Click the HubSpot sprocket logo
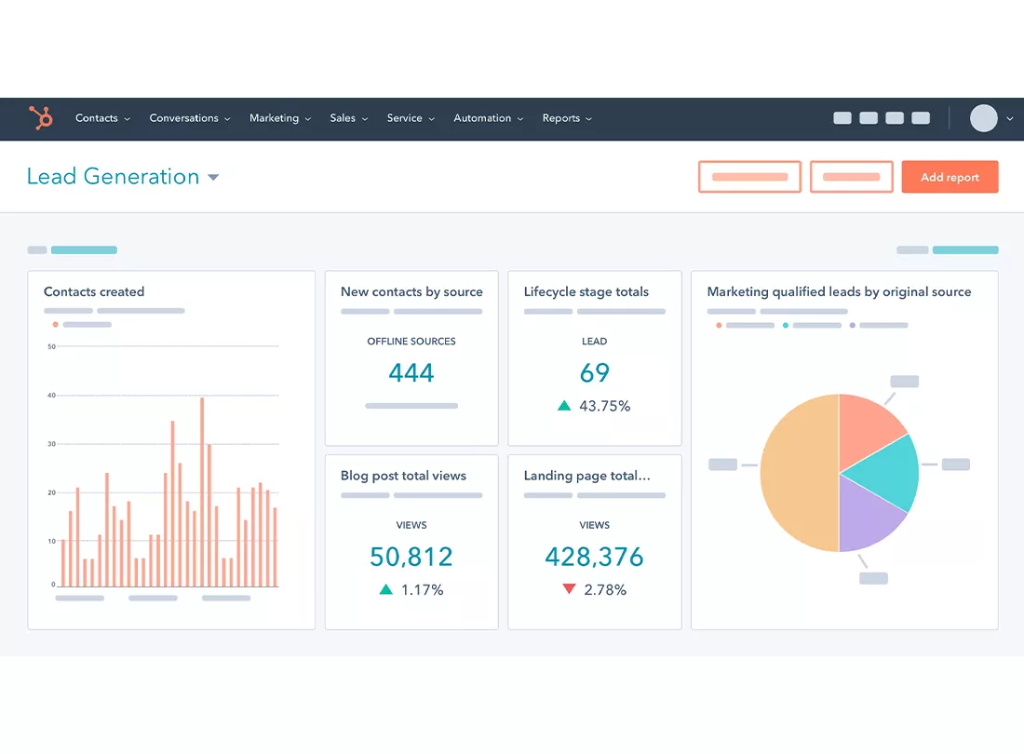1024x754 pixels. [x=41, y=118]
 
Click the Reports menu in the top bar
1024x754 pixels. [x=566, y=118]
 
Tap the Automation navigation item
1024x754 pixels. [x=487, y=118]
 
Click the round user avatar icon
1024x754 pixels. [x=983, y=118]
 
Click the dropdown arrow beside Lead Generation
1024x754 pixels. [x=213, y=178]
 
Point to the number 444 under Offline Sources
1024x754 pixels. [x=411, y=373]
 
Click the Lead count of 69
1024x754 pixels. [x=594, y=373]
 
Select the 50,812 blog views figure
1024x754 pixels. [x=411, y=557]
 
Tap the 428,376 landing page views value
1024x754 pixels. [x=594, y=557]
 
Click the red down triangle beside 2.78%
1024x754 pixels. [x=569, y=589]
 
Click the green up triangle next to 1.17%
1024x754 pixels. [x=385, y=589]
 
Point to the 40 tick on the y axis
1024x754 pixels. [x=51, y=396]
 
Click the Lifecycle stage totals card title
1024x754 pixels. [x=586, y=291]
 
